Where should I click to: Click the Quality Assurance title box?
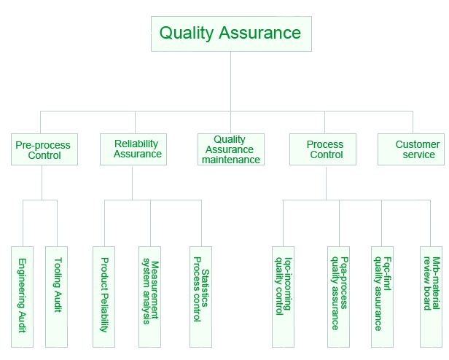click(x=230, y=34)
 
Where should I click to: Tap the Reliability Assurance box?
click(x=133, y=149)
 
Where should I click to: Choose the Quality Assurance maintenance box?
click(x=230, y=149)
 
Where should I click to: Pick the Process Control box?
click(x=322, y=149)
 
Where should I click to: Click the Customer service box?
click(x=411, y=149)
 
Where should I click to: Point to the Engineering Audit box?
click(x=23, y=297)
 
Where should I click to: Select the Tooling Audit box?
click(x=57, y=297)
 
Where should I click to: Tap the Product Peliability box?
click(x=104, y=297)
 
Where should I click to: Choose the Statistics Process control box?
click(x=200, y=297)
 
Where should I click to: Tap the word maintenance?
click(x=231, y=160)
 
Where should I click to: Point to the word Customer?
click(x=418, y=144)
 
